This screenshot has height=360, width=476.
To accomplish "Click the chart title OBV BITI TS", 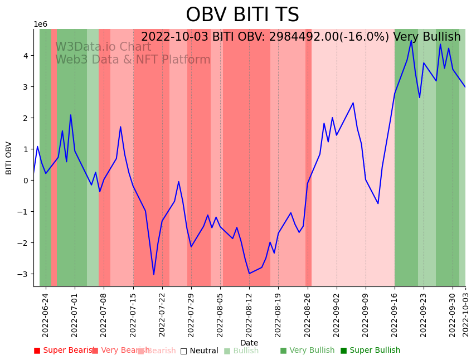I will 242,15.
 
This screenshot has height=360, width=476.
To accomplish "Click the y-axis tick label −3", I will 25,274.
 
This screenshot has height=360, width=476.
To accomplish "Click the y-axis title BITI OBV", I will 9,158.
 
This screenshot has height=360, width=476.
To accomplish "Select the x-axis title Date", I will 249,343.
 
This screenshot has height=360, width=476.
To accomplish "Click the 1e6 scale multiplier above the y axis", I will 41,25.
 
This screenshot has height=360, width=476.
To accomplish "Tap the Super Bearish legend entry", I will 64,351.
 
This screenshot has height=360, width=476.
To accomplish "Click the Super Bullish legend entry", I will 370,351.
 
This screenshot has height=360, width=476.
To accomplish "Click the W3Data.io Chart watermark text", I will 103,47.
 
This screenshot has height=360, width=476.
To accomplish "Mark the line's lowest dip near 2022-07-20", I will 154,274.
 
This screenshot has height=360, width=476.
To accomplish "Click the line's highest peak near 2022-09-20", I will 411,41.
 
